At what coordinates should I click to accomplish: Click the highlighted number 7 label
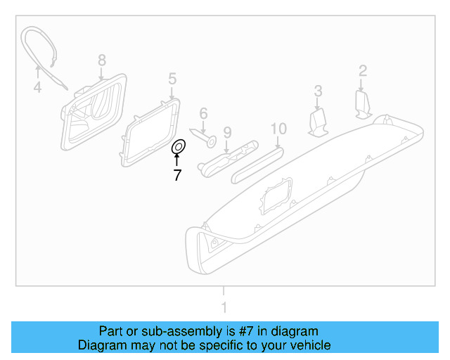[177, 175]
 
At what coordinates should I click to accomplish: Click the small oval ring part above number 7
[179, 147]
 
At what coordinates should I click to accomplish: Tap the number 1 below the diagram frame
[224, 307]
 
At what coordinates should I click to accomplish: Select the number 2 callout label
[363, 70]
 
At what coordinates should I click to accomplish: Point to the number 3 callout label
[318, 90]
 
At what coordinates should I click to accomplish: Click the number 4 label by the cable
[38, 88]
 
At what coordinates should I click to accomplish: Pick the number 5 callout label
[172, 78]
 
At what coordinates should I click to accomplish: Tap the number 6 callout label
[203, 113]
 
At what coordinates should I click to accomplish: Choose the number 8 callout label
[101, 60]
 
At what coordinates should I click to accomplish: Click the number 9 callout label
[227, 131]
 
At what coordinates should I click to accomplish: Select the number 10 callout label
[278, 128]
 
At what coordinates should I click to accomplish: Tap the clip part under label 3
[319, 122]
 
